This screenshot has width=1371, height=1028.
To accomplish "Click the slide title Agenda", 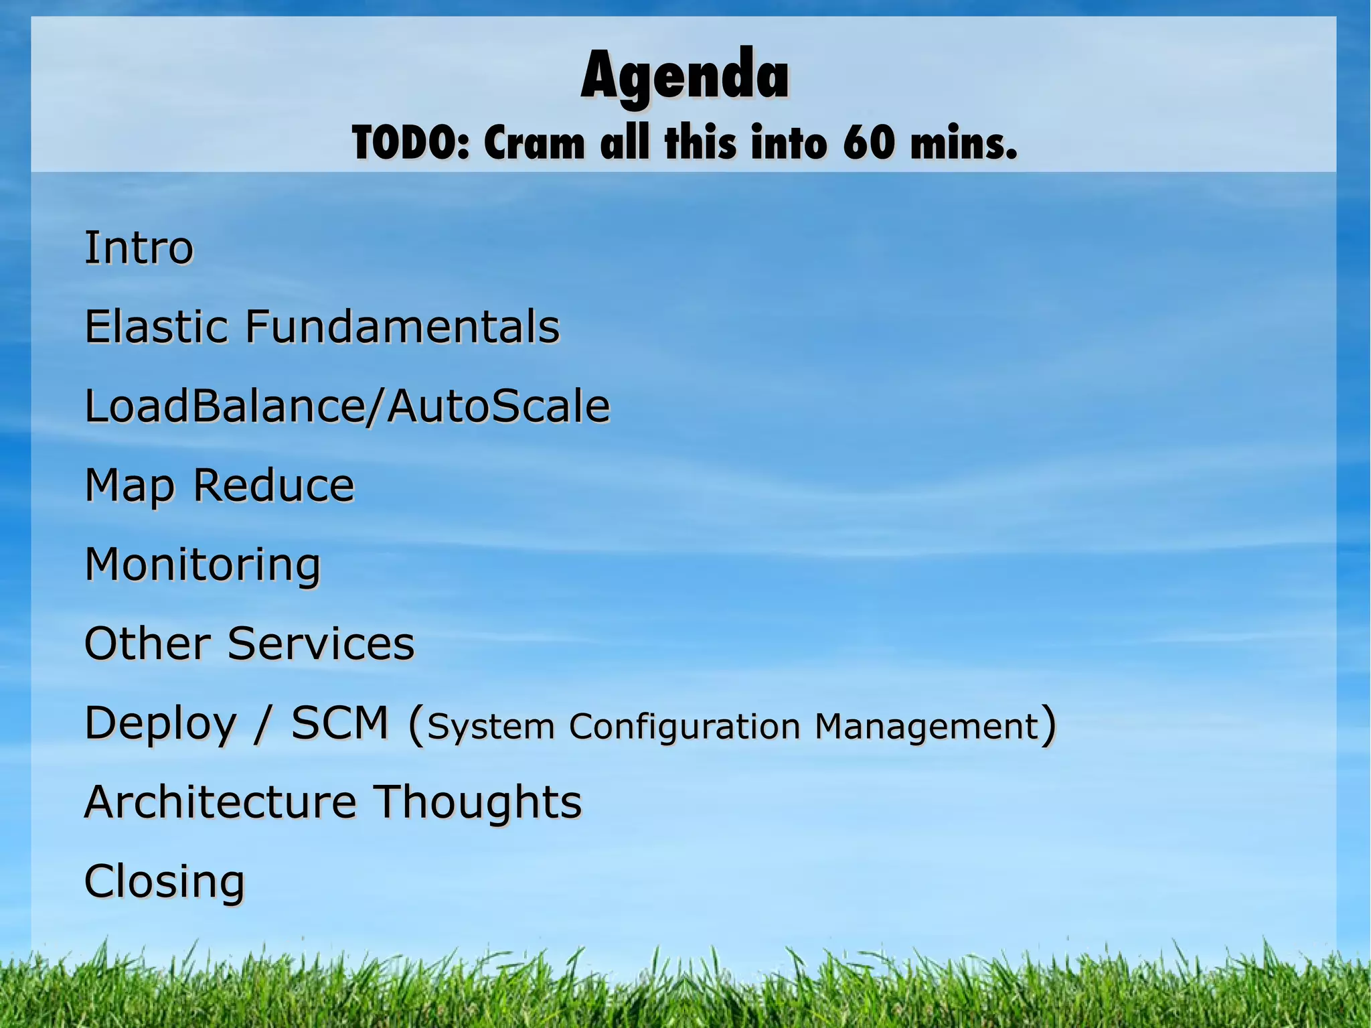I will point(685,77).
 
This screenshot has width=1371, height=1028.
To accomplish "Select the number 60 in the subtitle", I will point(868,143).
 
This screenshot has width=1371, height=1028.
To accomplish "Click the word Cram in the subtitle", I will point(534,143).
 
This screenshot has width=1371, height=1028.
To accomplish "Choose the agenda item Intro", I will point(139,248).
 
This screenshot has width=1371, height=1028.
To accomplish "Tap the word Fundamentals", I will point(402,327).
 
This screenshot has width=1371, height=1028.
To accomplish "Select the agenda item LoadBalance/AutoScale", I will point(347,407).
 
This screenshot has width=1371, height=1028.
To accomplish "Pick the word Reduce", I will point(273,485).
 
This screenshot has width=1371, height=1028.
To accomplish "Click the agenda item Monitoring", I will point(202,565).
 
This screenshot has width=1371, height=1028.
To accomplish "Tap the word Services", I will point(321,644).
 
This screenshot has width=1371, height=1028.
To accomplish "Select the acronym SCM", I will point(339,723).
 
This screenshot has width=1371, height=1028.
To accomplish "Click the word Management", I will point(926,726).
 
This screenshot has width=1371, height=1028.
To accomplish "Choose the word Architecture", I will point(220,802).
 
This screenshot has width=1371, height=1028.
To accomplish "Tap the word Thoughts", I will point(477,802).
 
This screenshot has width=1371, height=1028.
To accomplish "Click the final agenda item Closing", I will point(164,882).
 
